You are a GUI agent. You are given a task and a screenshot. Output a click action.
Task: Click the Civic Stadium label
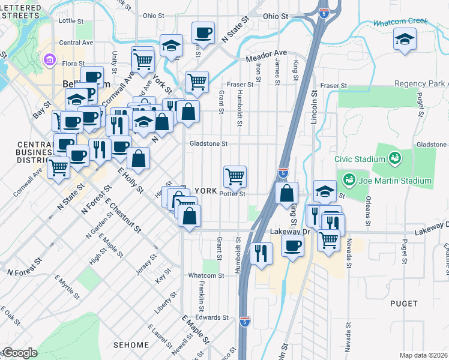coord(360,159)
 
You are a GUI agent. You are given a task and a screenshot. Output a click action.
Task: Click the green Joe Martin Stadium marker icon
coord(348,179)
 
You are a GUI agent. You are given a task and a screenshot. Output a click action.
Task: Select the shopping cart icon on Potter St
coord(235,176)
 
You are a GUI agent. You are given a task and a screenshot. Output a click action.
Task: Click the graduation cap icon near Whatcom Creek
coord(405,40)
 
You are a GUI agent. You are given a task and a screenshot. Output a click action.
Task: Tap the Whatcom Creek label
coord(400,22)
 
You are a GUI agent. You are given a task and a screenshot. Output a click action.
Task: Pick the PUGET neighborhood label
coord(403,304)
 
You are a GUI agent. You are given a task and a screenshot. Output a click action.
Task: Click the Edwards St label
coord(212,317)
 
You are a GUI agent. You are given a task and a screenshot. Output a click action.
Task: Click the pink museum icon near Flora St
coord(49,60)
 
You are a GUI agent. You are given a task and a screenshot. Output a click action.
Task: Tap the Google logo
coord(19,353)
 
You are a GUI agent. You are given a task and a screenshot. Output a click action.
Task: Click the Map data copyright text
coord(423,355)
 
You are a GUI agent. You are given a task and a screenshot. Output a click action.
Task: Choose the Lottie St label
coord(71,20)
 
